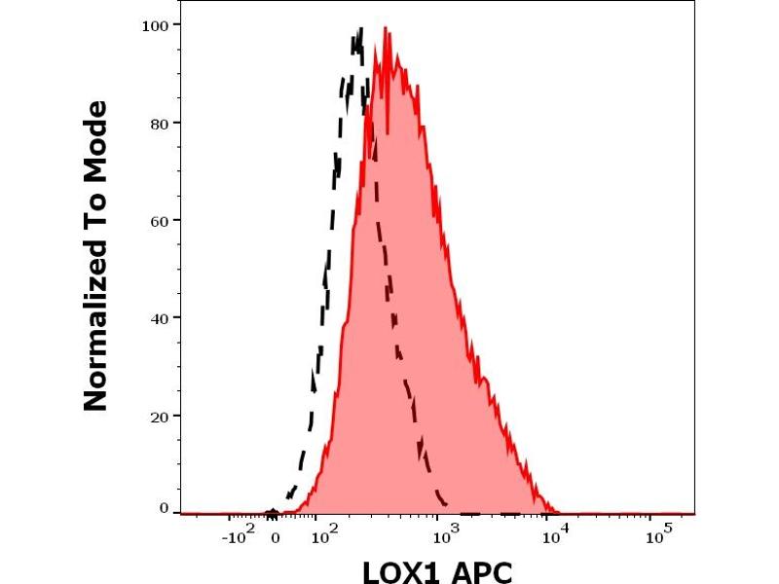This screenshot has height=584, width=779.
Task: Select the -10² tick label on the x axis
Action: click(238, 535)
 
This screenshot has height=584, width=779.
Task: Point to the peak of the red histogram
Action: click(387, 29)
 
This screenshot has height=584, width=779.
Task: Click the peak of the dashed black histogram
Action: click(359, 30)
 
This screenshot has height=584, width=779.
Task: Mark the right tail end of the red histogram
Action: click(558, 512)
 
